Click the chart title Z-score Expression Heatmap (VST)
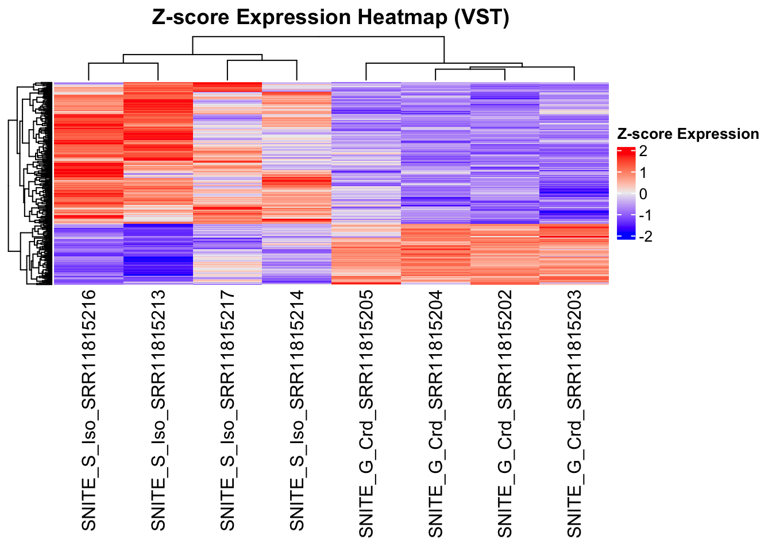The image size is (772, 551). click(330, 18)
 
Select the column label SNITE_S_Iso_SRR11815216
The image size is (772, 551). click(89, 410)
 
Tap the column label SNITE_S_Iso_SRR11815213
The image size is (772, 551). click(159, 410)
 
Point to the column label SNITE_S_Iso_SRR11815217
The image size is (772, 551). click(228, 410)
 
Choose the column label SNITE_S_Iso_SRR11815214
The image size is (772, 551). click(297, 410)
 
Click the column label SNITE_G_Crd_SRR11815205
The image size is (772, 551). click(366, 413)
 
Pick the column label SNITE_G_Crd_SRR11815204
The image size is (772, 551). click(436, 413)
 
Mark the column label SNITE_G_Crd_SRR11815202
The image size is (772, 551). click(505, 413)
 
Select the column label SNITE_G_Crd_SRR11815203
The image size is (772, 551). click(574, 413)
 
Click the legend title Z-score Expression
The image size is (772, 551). click(688, 134)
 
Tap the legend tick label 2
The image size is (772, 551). click(643, 152)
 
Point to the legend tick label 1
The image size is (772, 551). click(643, 173)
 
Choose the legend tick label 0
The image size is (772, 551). click(643, 194)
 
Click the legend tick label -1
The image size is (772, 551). click(646, 215)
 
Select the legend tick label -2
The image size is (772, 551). click(646, 236)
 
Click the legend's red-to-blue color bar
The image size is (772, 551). click(626, 193)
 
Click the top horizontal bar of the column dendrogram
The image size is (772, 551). click(318, 37)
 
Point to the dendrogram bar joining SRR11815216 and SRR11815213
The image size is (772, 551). click(123, 64)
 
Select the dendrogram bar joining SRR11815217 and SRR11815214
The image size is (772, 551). click(262, 60)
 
